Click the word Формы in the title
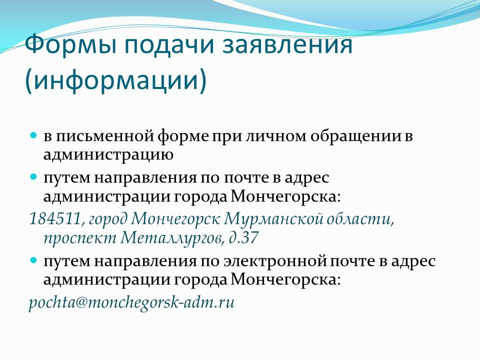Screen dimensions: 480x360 (70, 45)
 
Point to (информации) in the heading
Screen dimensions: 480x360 (116, 80)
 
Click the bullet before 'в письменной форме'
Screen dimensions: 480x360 (33, 134)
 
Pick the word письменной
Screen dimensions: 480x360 (98, 136)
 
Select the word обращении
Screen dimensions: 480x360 (356, 136)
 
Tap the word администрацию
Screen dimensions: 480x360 (108, 155)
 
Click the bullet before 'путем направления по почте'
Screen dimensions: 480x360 (33, 176)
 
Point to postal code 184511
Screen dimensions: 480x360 (55, 219)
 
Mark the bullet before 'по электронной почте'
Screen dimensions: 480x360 (33, 260)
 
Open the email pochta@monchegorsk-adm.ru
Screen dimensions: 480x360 (132, 302)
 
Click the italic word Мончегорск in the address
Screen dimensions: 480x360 (176, 219)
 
